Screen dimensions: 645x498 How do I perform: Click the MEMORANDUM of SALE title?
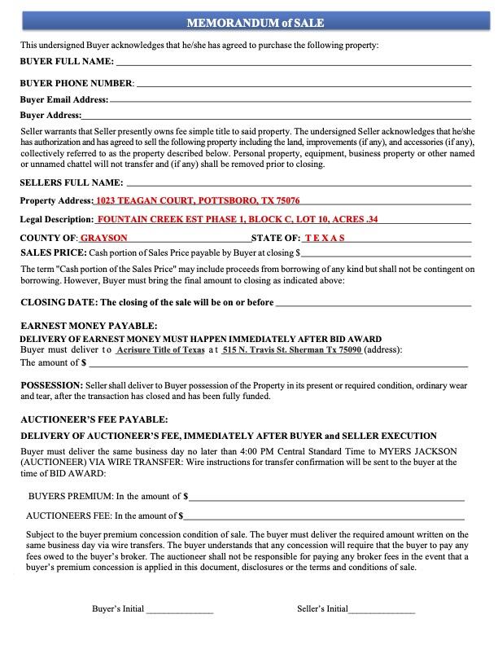(249, 23)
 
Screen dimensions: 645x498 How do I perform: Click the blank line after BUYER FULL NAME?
(293, 63)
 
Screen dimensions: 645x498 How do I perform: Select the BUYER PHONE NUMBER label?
(76, 83)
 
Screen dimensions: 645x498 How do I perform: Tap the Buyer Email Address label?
(63, 99)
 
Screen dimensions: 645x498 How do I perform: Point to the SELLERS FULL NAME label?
(72, 182)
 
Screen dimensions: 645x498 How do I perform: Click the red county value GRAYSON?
(103, 238)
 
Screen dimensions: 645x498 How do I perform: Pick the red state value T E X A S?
(325, 238)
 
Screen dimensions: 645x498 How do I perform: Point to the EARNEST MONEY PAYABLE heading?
(89, 326)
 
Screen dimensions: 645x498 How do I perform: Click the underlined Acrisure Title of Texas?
(160, 349)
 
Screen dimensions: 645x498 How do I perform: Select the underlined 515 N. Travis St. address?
(292, 349)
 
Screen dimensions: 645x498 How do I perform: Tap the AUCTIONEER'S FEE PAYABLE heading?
(94, 419)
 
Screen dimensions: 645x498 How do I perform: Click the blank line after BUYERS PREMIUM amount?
(325, 497)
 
